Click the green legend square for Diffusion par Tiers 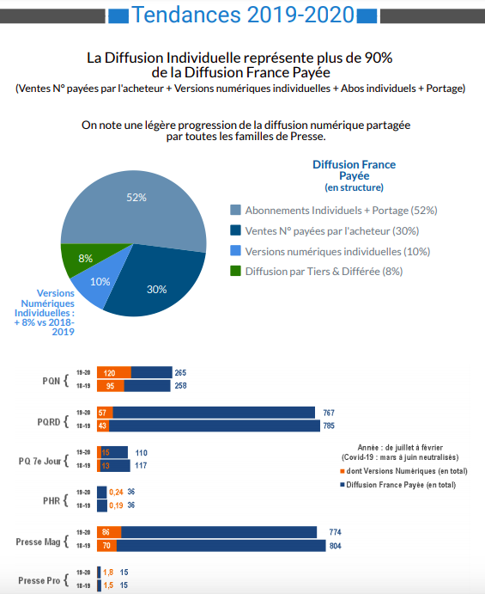click(235, 271)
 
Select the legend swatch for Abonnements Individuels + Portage click(235, 210)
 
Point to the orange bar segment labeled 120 click(114, 373)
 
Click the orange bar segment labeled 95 click(111, 386)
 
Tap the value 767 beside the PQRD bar click(329, 413)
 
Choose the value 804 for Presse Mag click(335, 546)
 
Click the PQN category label click(51, 381)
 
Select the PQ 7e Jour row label click(39, 461)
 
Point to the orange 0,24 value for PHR click(116, 492)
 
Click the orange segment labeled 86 click(109, 532)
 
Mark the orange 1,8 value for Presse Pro click(108, 573)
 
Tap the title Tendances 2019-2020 click(243, 15)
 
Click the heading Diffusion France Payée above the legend click(355, 170)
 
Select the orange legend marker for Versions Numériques click(343, 471)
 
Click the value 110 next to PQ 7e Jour click(141, 453)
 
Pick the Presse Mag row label click(38, 542)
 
